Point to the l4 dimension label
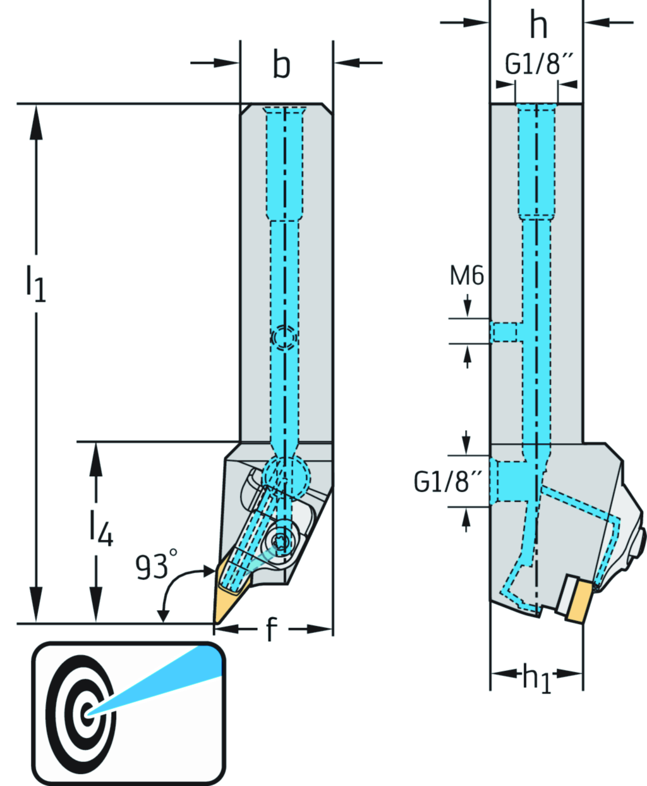point(100,528)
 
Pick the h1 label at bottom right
point(536,677)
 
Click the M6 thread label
point(467,276)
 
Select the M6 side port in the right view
point(504,331)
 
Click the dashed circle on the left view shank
point(283,339)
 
